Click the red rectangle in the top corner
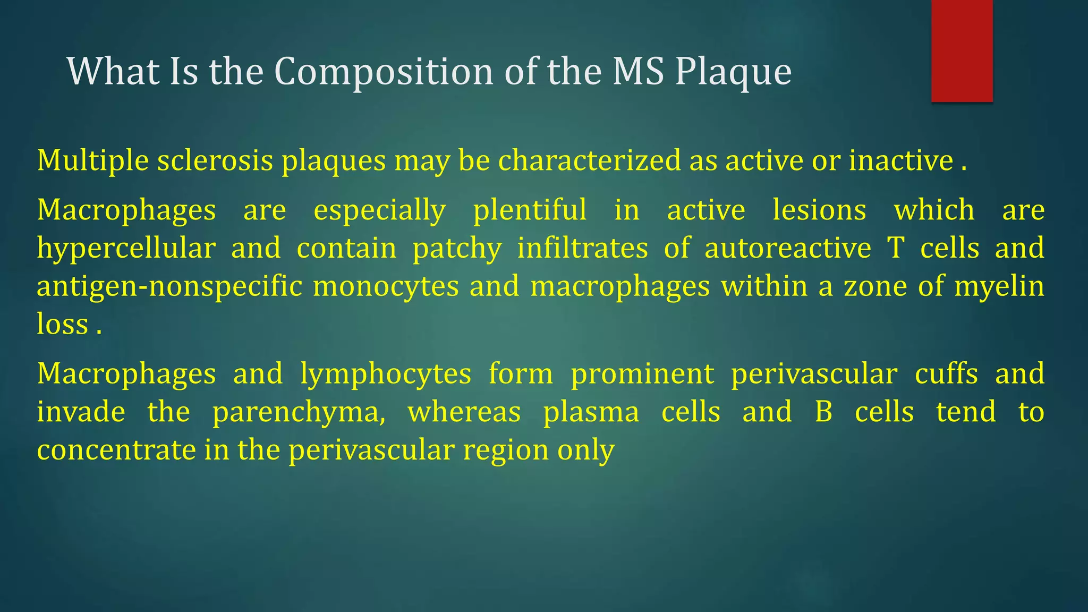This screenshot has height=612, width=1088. tap(962, 50)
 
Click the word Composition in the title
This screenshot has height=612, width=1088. tap(384, 72)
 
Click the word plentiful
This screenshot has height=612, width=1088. tap(530, 210)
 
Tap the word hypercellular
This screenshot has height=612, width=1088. tap(126, 249)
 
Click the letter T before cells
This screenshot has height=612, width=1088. tap(896, 249)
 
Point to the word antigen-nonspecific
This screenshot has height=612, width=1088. tap(169, 287)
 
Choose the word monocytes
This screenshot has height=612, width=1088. tap(386, 287)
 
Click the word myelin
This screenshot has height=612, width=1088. tap(999, 287)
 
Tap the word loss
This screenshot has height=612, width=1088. tap(62, 325)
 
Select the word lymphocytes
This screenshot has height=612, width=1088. tap(386, 374)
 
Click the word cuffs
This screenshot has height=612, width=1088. tap(946, 374)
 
